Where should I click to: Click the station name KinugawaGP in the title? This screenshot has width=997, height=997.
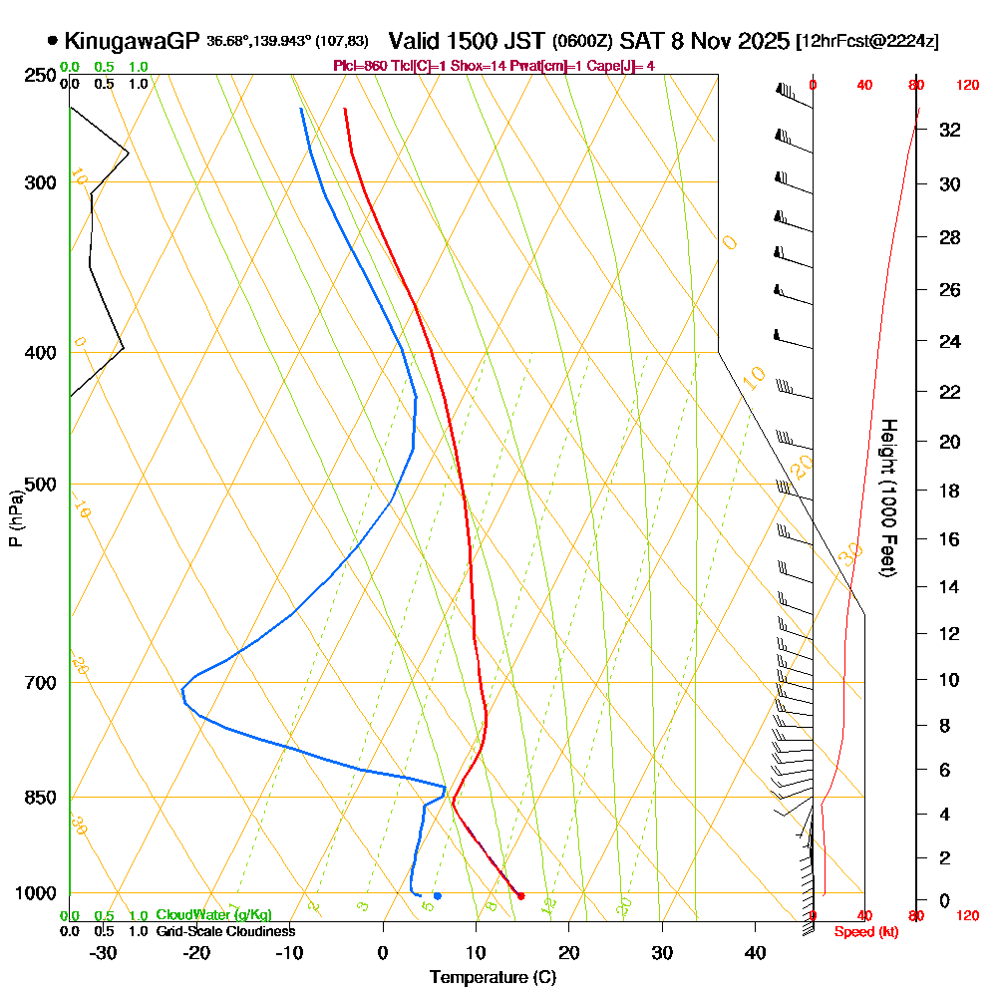tap(133, 41)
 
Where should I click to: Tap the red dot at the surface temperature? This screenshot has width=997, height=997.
tap(520, 895)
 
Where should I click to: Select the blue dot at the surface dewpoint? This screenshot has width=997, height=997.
tap(437, 895)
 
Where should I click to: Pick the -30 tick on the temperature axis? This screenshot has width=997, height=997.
tap(104, 952)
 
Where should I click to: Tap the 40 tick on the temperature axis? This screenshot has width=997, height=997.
tap(755, 952)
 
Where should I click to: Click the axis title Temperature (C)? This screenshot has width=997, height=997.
tap(493, 977)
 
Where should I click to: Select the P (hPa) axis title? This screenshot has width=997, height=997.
tap(15, 517)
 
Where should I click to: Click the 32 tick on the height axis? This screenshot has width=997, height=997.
tap(950, 130)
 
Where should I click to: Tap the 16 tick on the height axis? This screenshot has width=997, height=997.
tap(950, 539)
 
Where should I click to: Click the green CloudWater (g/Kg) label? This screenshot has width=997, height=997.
tap(214, 915)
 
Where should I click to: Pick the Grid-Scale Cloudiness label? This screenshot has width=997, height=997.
tap(225, 931)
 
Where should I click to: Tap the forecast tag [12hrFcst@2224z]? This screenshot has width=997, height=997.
tap(867, 42)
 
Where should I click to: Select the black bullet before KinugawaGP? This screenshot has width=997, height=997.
tap(52, 41)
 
